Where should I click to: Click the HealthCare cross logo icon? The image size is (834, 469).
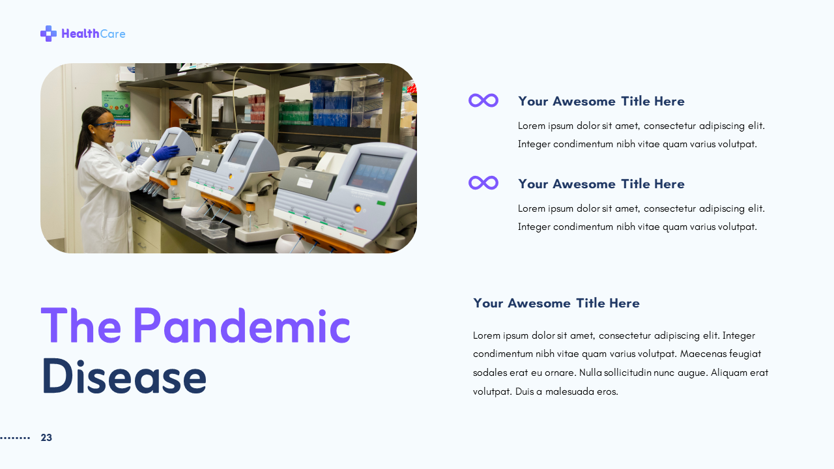click(x=48, y=33)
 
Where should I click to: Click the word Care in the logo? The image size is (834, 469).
click(x=113, y=34)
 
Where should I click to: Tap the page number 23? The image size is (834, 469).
click(x=46, y=438)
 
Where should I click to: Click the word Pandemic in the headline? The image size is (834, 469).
click(x=241, y=325)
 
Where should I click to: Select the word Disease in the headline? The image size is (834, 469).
click(x=124, y=377)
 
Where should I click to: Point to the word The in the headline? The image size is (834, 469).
click(x=81, y=325)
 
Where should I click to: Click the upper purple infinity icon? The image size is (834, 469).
click(x=483, y=100)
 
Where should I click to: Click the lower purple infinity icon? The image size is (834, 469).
click(x=483, y=183)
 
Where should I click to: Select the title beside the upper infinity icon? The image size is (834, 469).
click(x=601, y=101)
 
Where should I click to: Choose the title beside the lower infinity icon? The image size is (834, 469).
click(x=601, y=184)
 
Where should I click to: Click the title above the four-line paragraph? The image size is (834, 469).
click(x=556, y=303)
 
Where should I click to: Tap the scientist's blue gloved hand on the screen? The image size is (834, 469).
click(x=165, y=152)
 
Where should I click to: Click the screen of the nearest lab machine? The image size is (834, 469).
click(x=373, y=173)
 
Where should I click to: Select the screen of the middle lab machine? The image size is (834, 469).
click(x=242, y=152)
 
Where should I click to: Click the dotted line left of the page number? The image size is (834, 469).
click(x=15, y=438)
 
